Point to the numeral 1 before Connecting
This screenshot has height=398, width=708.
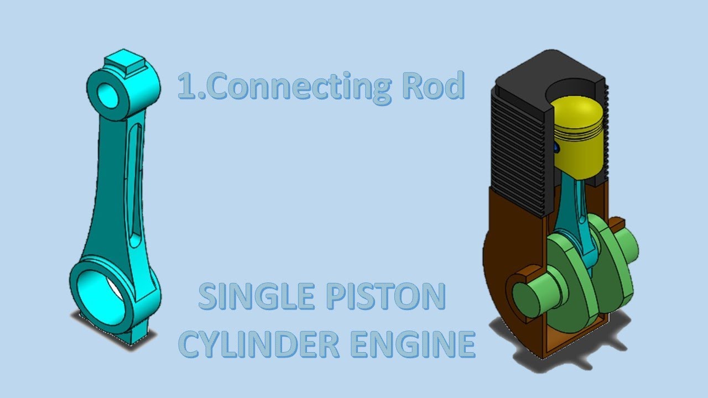[x=186, y=87]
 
